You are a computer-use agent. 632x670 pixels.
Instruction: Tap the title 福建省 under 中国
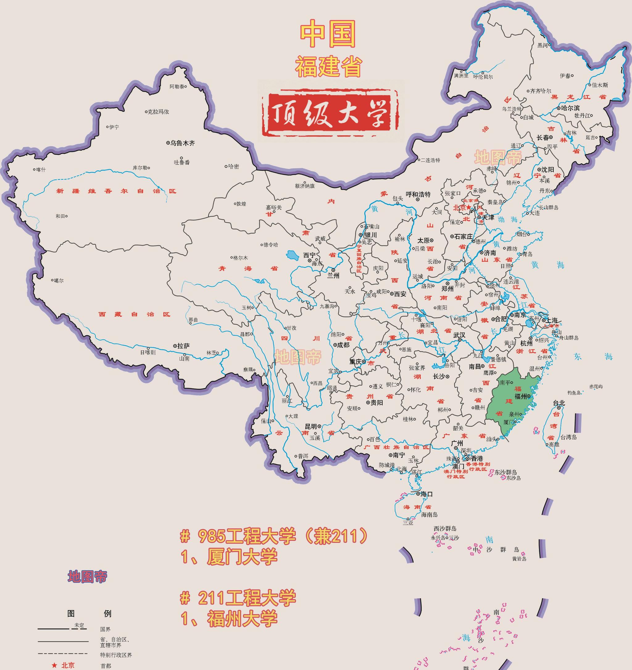(328, 66)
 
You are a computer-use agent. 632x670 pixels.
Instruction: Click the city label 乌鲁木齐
(182, 143)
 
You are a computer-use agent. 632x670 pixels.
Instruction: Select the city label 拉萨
(183, 346)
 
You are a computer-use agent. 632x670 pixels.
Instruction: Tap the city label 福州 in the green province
(521, 397)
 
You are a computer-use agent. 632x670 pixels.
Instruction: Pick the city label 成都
(343, 345)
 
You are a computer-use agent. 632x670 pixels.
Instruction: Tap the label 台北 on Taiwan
(559, 403)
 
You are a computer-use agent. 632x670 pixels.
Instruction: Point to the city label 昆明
(311, 426)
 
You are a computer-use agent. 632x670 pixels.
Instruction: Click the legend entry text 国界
(105, 629)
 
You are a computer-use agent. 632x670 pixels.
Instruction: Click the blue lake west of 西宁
(293, 255)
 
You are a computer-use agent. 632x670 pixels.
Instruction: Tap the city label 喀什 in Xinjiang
(40, 169)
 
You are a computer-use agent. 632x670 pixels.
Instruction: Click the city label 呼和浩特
(418, 194)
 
